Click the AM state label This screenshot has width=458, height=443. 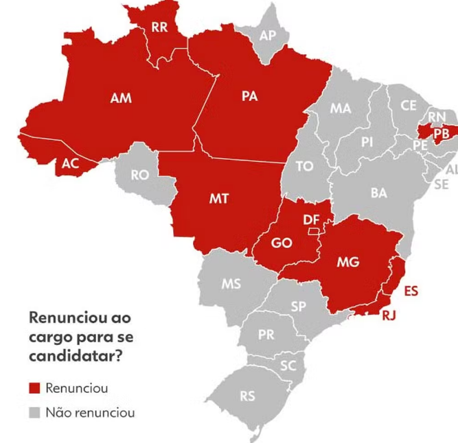[x=120, y=99]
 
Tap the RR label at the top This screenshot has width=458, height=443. [x=159, y=27]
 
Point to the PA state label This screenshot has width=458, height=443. [x=249, y=96]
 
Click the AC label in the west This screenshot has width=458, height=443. [x=70, y=163]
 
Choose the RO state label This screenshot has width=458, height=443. [x=139, y=176]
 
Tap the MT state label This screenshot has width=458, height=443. [x=218, y=199]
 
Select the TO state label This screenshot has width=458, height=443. [x=304, y=166]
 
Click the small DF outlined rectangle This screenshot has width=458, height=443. [x=313, y=231]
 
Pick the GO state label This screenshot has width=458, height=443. [x=282, y=243]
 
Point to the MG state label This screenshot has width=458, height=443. [x=348, y=262]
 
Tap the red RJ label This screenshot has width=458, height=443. [x=389, y=315]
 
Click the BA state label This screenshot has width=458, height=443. [x=379, y=193]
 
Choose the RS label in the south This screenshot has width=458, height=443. [x=247, y=396]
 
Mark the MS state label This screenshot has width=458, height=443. [x=231, y=284]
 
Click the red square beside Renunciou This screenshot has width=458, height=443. [x=34, y=388]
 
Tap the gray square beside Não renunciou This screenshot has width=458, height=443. [x=34, y=413]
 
